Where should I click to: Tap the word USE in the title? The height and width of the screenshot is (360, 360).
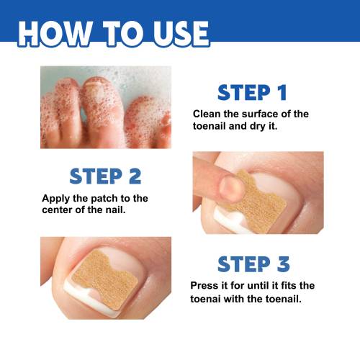181,34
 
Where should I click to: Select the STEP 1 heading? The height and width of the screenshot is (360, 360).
252,92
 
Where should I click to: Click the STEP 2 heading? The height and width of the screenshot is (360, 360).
105,176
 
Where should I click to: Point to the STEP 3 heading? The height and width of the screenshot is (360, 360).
253,264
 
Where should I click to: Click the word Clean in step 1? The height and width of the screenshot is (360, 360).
207,114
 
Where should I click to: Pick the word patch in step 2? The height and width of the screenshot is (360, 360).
104,199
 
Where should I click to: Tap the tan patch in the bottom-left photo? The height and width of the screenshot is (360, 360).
105,279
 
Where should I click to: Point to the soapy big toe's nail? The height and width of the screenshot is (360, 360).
96,91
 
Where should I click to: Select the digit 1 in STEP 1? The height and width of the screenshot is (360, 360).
282,92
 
